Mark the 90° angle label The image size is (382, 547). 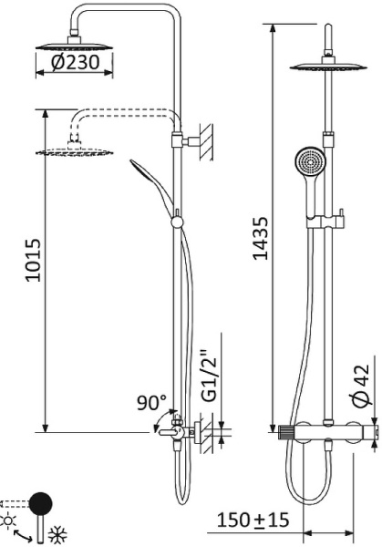[x=151, y=401]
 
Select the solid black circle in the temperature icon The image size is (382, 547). [x=41, y=502]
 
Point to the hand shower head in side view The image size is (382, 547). [x=146, y=173]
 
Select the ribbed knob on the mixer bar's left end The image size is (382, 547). [x=287, y=432]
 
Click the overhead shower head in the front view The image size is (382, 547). [x=330, y=66]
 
